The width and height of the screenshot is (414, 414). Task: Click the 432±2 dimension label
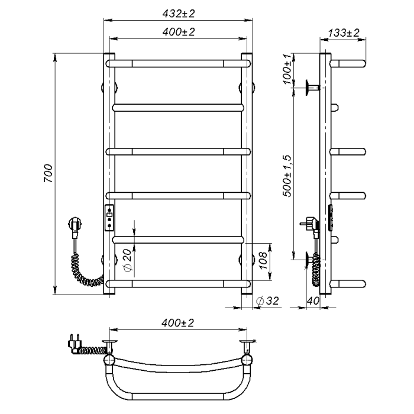click(x=179, y=14)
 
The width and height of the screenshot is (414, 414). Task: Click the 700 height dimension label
click(x=48, y=173)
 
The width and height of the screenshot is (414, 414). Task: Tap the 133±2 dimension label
click(x=344, y=33)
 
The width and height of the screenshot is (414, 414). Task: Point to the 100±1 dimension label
click(x=288, y=69)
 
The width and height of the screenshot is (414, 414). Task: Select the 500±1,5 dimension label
click(x=287, y=176)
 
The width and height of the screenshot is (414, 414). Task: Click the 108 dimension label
click(x=263, y=260)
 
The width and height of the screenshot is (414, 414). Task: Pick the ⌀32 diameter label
click(x=267, y=300)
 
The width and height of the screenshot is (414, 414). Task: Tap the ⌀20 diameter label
click(x=127, y=260)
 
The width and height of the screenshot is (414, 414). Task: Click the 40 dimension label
click(x=313, y=300)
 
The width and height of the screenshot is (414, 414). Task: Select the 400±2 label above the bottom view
click(x=177, y=323)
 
